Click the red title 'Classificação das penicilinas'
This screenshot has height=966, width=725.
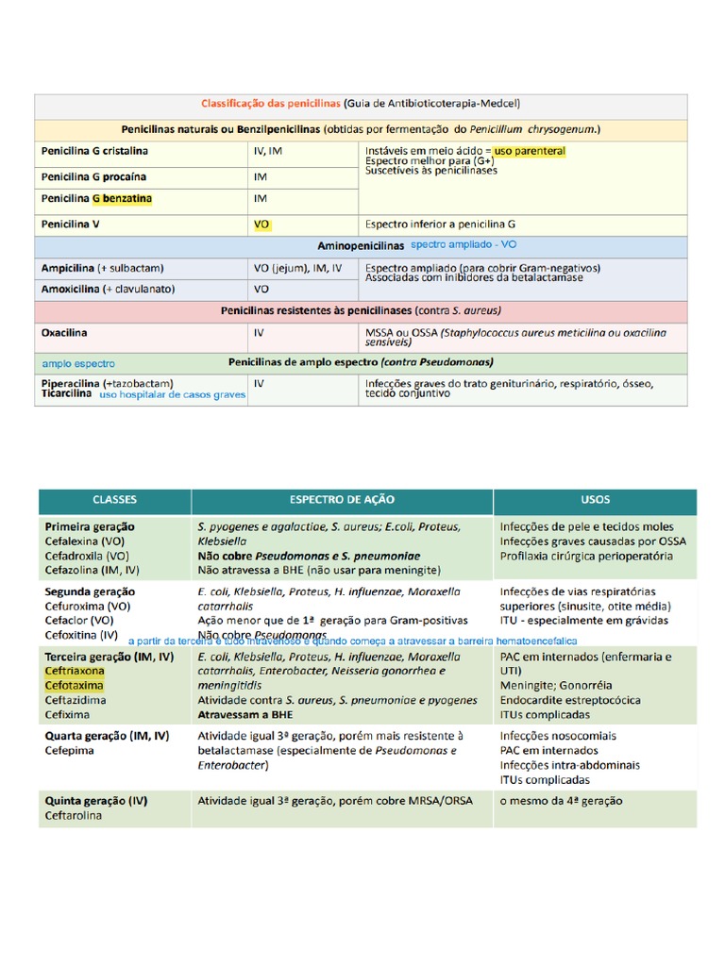(x=271, y=104)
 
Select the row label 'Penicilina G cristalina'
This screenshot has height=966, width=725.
(x=94, y=151)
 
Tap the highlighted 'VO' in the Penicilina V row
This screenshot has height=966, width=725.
(x=261, y=225)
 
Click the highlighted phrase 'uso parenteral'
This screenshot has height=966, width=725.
(x=530, y=151)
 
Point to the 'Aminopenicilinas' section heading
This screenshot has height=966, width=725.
(x=360, y=245)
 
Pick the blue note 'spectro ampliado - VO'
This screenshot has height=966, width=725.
(x=464, y=244)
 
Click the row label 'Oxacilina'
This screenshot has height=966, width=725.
(x=64, y=333)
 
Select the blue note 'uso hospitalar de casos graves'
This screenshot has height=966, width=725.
(x=173, y=395)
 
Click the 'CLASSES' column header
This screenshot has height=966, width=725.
(x=114, y=500)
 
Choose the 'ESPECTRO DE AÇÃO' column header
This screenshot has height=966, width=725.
(x=342, y=500)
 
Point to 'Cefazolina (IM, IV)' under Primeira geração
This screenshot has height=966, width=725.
(x=92, y=571)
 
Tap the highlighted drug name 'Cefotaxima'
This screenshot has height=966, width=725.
(x=74, y=685)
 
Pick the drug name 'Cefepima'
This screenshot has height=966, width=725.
(x=69, y=751)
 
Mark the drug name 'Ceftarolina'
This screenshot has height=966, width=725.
(x=73, y=816)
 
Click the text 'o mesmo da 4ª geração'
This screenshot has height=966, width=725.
(x=561, y=801)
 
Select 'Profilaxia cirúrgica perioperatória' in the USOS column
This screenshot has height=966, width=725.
(x=586, y=557)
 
